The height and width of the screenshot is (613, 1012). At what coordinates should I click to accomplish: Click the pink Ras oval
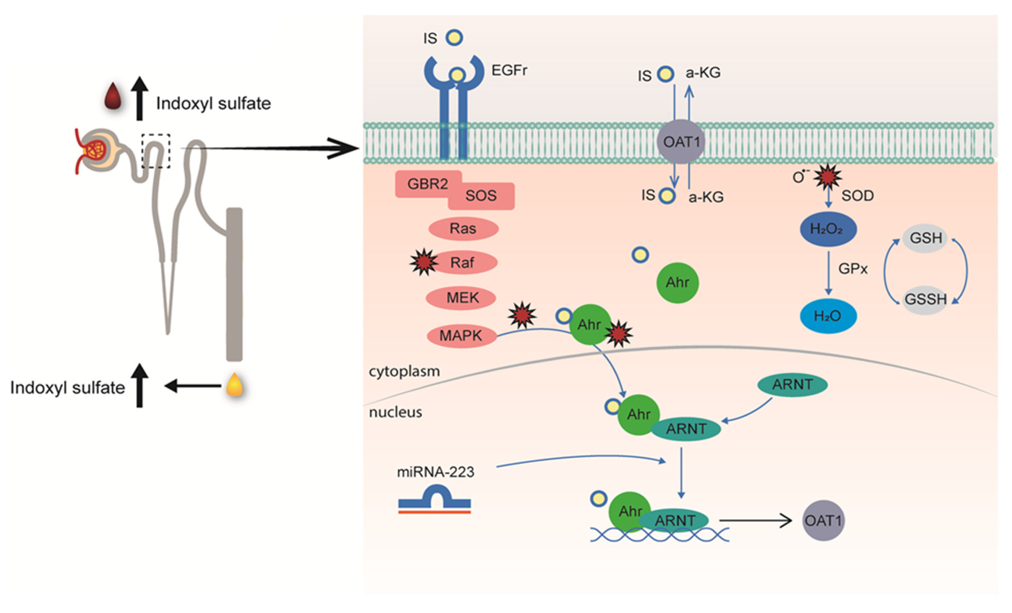pos(463,228)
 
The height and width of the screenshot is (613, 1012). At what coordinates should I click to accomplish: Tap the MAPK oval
pos(461,336)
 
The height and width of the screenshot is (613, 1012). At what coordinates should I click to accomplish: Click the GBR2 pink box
pos(427,184)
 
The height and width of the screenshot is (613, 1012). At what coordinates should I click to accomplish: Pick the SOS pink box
pos(481,196)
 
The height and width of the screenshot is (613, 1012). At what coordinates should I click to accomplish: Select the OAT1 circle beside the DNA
pos(823,521)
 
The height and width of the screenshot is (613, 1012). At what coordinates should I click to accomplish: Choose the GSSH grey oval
pos(925,299)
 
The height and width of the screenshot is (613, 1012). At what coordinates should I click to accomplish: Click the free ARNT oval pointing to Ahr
pos(792,385)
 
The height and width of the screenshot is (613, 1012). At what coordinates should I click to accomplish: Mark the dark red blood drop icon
pos(113,97)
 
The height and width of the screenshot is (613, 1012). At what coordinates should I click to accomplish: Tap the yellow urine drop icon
pos(235,385)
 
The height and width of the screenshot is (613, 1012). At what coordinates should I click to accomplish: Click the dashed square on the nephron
pos(156,151)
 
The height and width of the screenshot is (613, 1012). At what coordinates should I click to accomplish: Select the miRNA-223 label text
pos(435,472)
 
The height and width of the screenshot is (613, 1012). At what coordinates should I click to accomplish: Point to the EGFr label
pos(509,71)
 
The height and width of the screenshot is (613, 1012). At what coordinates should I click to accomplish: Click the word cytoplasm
pos(404,371)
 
